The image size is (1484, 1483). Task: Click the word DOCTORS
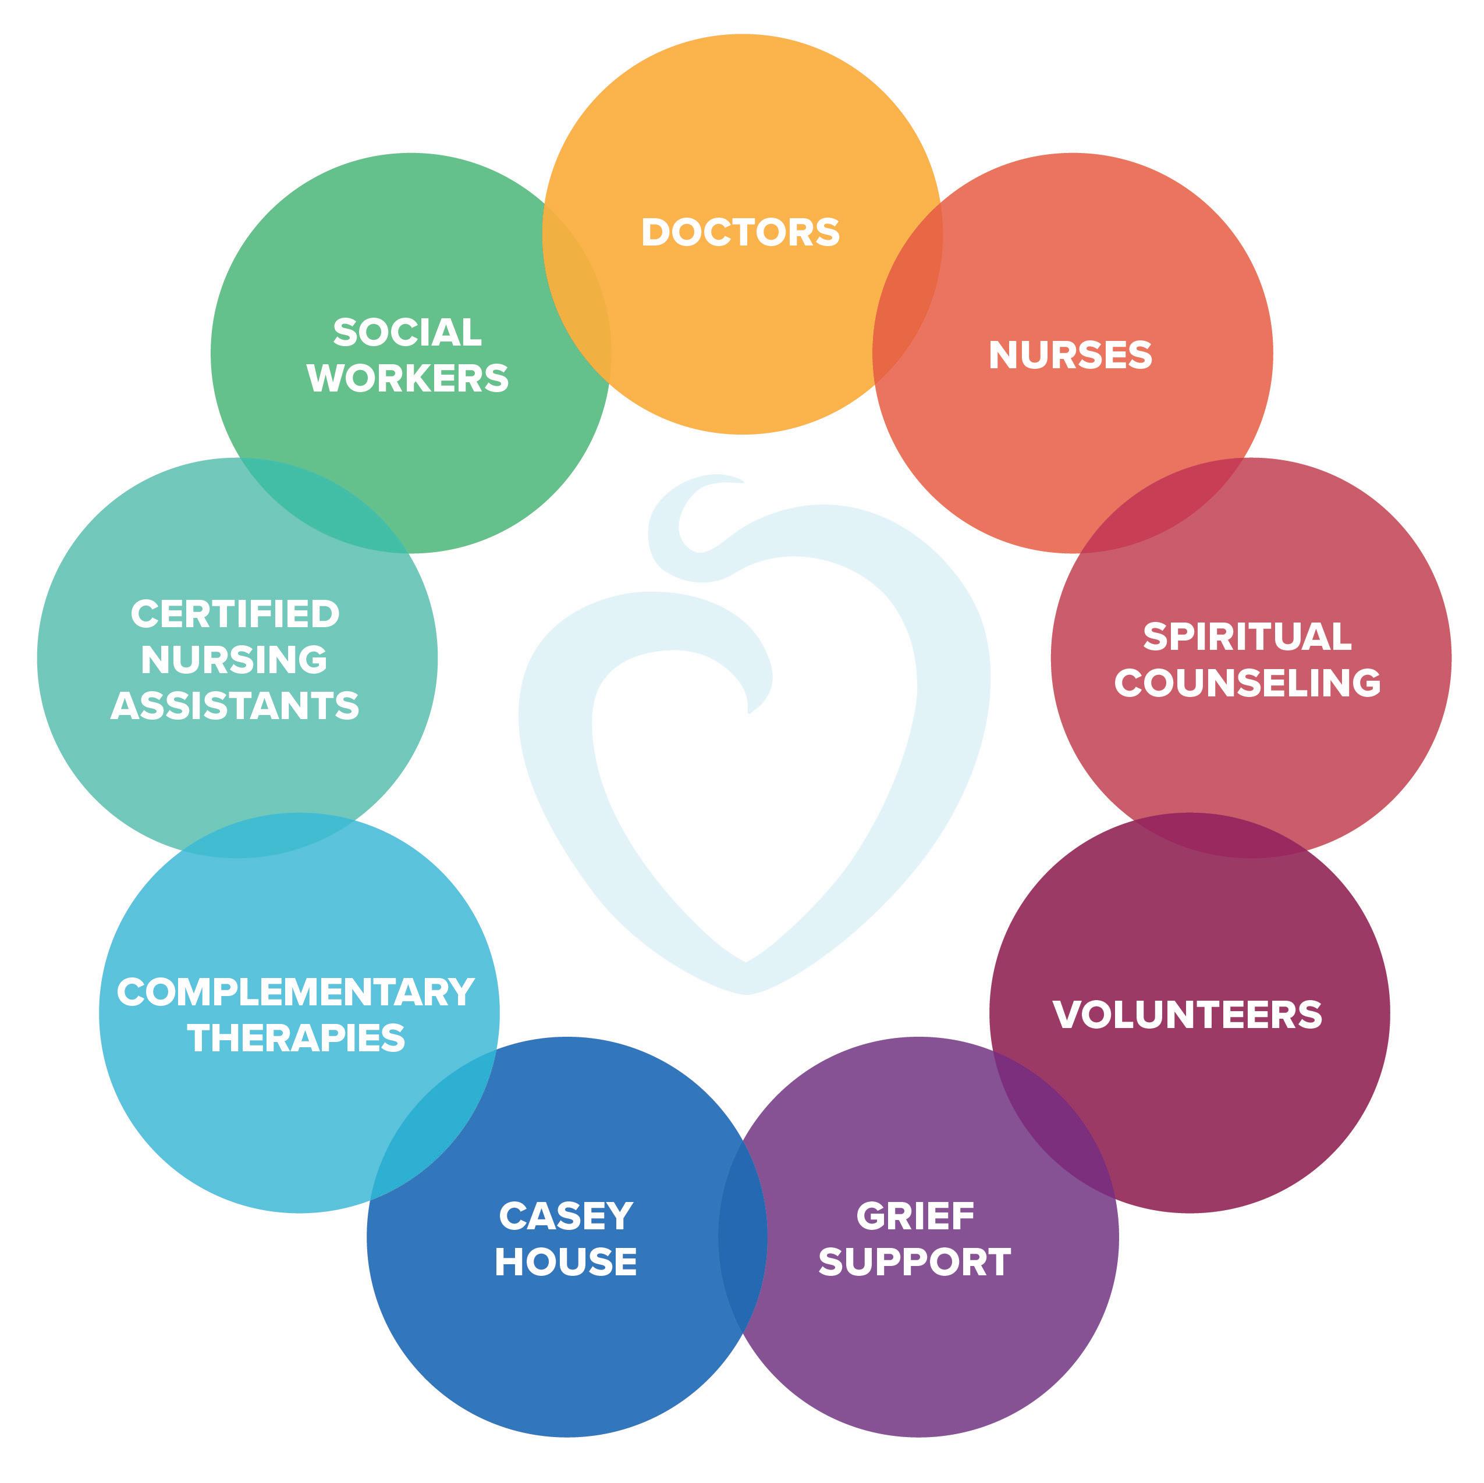740,232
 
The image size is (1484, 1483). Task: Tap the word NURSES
1070,355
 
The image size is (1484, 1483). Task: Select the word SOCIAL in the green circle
407,333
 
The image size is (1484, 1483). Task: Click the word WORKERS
408,378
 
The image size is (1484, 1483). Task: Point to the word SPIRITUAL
1247,636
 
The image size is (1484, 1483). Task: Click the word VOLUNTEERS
1188,1015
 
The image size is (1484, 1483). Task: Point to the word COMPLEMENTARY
296,992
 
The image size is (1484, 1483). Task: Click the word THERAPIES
296,1039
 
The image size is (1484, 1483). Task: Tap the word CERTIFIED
235,614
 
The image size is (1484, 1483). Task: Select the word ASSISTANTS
235,706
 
